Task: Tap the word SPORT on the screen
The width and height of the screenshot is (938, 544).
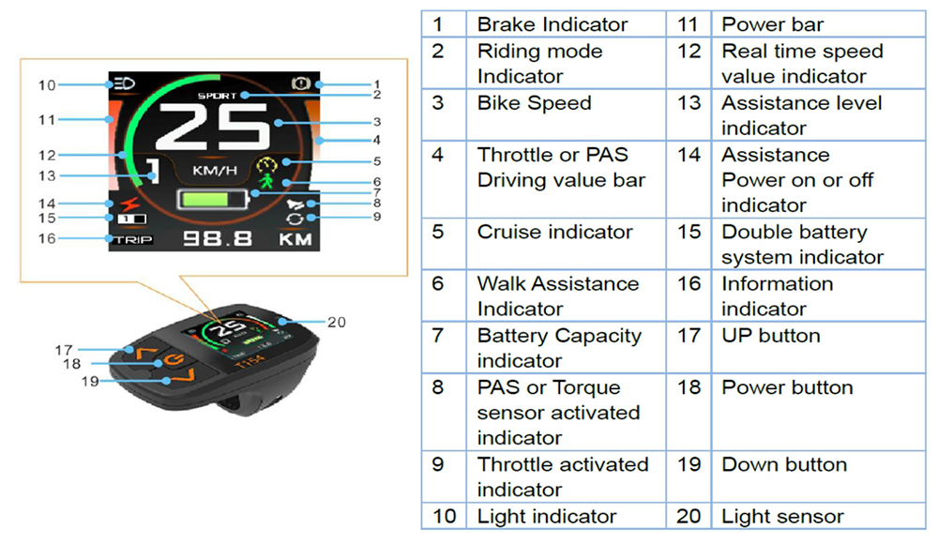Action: point(218,96)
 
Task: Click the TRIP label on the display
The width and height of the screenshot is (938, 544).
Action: point(132,239)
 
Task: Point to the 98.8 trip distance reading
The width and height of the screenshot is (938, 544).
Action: point(217,238)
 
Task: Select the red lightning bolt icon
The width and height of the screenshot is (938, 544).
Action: point(125,204)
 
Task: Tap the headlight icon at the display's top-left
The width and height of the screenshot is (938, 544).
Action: point(123,83)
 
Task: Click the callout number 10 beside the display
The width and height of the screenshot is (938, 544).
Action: point(47,85)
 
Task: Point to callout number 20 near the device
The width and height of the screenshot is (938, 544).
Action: point(337,322)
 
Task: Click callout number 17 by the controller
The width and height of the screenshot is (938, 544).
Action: point(63,350)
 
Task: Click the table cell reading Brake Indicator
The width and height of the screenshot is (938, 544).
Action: point(552,25)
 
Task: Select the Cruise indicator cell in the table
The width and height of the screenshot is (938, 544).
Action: point(554,232)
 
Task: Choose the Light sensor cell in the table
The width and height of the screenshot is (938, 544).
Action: point(782,516)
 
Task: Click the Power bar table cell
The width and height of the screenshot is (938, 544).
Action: point(772,25)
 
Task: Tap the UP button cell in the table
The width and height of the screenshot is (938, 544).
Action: point(770,335)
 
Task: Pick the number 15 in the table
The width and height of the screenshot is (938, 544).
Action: point(688,232)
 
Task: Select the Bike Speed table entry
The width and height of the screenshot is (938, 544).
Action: point(534,102)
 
